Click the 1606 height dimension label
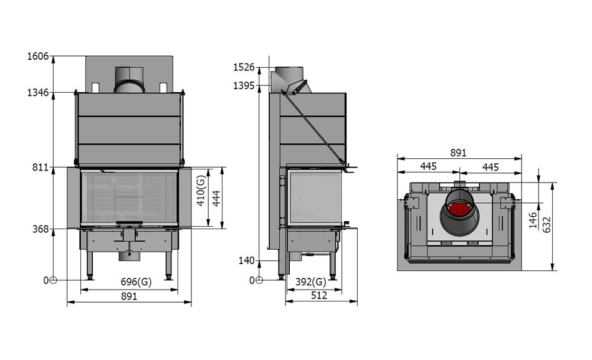tap(38, 56)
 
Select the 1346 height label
tap(38, 92)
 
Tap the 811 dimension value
tap(41, 167)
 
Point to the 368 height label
tap(41, 229)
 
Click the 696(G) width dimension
tap(136, 282)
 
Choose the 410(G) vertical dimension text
tap(201, 190)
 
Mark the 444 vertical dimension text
tap(216, 199)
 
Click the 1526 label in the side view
tap(244, 67)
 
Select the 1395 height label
tap(244, 86)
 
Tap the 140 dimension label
tap(247, 260)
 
